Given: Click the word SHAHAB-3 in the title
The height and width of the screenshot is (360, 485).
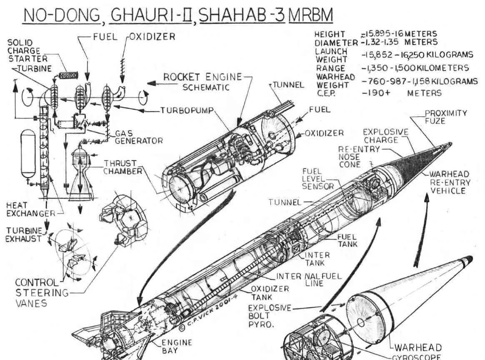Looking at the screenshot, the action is click(x=242, y=15).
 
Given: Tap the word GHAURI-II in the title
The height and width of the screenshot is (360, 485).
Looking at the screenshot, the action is click(x=152, y=15).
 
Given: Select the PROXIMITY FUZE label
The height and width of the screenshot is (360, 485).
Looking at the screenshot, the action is click(x=446, y=117).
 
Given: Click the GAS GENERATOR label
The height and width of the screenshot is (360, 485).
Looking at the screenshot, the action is click(x=139, y=137).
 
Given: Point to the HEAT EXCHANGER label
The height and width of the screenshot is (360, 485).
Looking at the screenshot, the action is click(x=30, y=210).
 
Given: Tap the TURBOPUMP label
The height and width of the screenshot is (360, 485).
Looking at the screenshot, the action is click(x=187, y=110).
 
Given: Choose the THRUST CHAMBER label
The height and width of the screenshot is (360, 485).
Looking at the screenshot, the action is click(x=123, y=167).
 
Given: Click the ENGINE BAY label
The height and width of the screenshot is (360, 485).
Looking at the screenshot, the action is click(x=177, y=346).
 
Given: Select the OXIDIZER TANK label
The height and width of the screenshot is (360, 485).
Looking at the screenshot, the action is click(x=270, y=293).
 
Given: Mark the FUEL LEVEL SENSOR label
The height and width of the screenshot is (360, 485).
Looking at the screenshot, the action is click(x=317, y=179).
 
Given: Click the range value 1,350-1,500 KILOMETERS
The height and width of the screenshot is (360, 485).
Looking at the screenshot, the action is click(x=415, y=68).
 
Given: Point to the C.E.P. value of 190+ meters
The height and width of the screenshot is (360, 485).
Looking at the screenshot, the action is click(x=401, y=93).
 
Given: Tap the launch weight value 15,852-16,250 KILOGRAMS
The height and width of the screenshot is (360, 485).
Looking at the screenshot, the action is click(x=417, y=55).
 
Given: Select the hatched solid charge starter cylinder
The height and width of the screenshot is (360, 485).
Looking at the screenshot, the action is click(x=68, y=75).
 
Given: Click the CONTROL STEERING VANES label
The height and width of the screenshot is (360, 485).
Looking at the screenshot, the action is click(x=42, y=292).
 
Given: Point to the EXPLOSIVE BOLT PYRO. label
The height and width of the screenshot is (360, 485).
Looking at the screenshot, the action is click(x=270, y=316).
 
